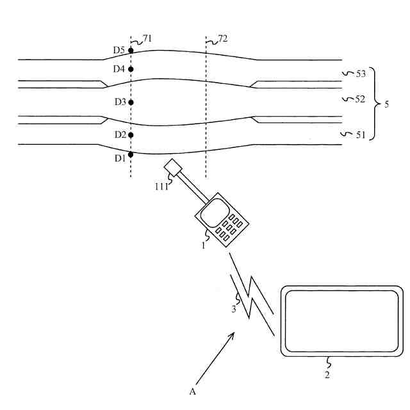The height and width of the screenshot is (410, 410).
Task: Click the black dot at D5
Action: point(131,50)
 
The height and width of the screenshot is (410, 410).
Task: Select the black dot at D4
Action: point(131,69)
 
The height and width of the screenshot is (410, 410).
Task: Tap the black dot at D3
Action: point(131,102)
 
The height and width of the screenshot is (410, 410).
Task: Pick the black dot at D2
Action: point(131,135)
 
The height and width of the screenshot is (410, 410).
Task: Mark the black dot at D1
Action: point(131,154)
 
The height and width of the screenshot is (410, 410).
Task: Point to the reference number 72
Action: point(222,39)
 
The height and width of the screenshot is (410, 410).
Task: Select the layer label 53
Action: point(360,74)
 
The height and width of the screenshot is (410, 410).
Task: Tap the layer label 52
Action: point(360,99)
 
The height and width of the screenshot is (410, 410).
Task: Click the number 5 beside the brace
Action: point(386,104)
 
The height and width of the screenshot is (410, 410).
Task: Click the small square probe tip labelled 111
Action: point(172,168)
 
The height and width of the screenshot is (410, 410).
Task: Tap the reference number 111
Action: point(160,186)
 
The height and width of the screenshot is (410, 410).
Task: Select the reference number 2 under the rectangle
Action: point(327,375)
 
